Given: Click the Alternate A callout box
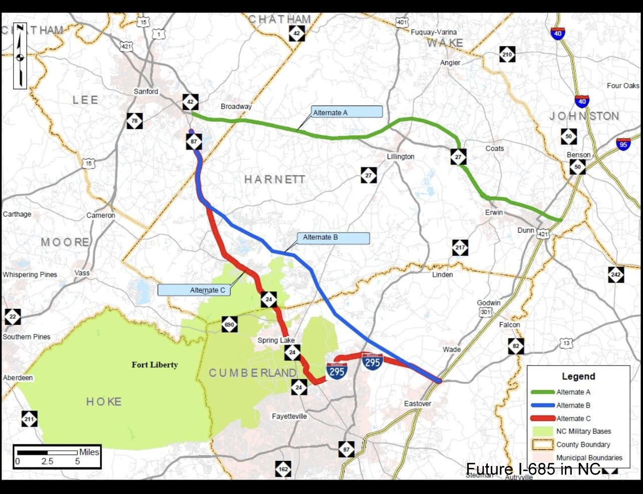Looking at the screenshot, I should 347,112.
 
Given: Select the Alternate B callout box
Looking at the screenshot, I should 335,238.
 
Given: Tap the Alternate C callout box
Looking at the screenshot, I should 194,290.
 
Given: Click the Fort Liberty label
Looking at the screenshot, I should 154,365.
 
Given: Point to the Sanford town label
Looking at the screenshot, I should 146,91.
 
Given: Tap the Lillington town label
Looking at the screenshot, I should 400,156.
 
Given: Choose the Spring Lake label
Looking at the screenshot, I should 276,340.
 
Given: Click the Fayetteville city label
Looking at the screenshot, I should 289,416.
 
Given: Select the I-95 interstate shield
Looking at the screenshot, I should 623,144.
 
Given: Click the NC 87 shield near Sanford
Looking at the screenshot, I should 194,142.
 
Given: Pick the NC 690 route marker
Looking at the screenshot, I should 229,324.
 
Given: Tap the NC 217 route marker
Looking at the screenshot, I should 460,247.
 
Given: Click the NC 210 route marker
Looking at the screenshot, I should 507,54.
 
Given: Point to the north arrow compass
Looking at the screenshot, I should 20,56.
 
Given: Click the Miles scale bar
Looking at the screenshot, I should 57,456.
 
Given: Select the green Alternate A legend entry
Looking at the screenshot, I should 542,392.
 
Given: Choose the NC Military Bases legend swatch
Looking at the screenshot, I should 542,431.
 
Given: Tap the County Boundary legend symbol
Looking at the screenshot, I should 542,444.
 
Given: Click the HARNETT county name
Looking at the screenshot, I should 274,179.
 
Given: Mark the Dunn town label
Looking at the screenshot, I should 526,230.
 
